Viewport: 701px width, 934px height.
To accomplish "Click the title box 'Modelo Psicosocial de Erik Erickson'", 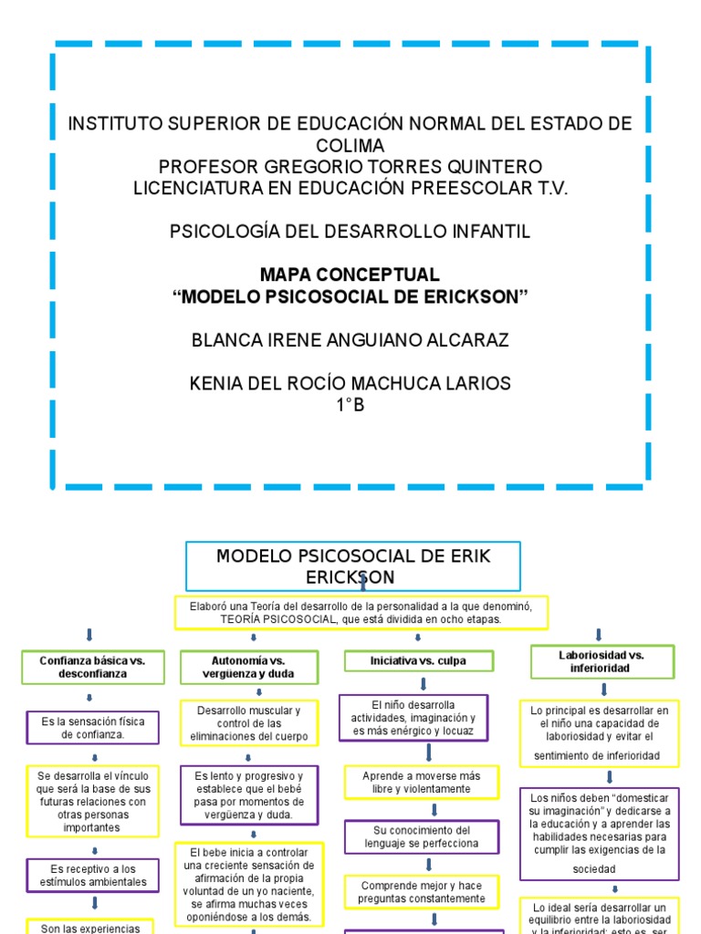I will (352, 566).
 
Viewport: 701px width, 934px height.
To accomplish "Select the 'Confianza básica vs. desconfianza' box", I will (92, 667).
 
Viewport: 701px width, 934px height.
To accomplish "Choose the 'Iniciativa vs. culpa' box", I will (418, 660).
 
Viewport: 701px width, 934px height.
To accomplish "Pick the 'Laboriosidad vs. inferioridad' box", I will (602, 661).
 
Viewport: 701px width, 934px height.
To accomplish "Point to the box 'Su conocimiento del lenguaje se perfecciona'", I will (422, 836).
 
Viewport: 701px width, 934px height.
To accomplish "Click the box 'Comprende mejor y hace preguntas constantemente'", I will (421, 892).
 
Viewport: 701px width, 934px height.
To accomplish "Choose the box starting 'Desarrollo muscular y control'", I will (249, 722).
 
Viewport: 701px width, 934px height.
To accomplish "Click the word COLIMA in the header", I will (350, 146).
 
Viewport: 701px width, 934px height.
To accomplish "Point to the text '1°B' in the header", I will (350, 405).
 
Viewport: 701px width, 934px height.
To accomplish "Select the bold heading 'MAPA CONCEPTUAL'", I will (350, 275).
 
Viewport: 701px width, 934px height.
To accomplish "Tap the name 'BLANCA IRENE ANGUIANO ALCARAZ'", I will (350, 340).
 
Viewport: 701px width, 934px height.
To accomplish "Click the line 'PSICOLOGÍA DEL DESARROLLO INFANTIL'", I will (350, 232).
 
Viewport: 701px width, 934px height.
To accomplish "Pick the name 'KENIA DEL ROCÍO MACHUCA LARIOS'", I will (350, 383).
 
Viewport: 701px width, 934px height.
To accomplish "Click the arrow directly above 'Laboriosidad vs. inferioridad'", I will (599, 635).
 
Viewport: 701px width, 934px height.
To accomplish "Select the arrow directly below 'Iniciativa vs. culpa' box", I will (424, 683).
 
